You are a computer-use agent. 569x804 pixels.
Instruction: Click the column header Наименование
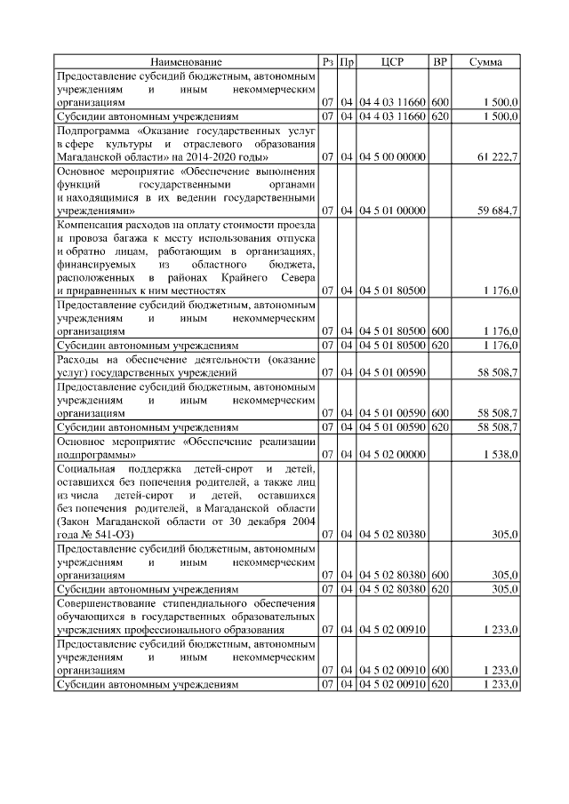point(186,62)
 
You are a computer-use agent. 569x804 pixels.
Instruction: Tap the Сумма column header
point(487,62)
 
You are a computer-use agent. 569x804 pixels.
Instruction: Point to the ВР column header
point(439,62)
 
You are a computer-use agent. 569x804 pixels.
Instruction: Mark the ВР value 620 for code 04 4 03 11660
point(439,116)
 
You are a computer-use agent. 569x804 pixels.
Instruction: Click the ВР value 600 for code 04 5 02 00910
point(439,669)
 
